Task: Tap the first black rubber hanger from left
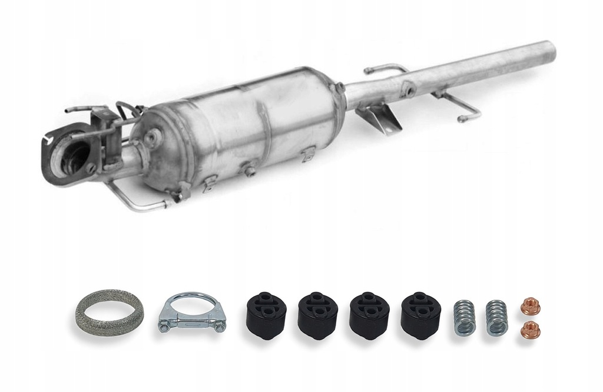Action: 266,314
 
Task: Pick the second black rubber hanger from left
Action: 317,314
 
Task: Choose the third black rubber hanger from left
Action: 369,314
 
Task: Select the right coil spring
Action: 496,318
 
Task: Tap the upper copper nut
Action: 531,307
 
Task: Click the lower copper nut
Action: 531,330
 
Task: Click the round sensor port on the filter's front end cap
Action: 152,137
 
